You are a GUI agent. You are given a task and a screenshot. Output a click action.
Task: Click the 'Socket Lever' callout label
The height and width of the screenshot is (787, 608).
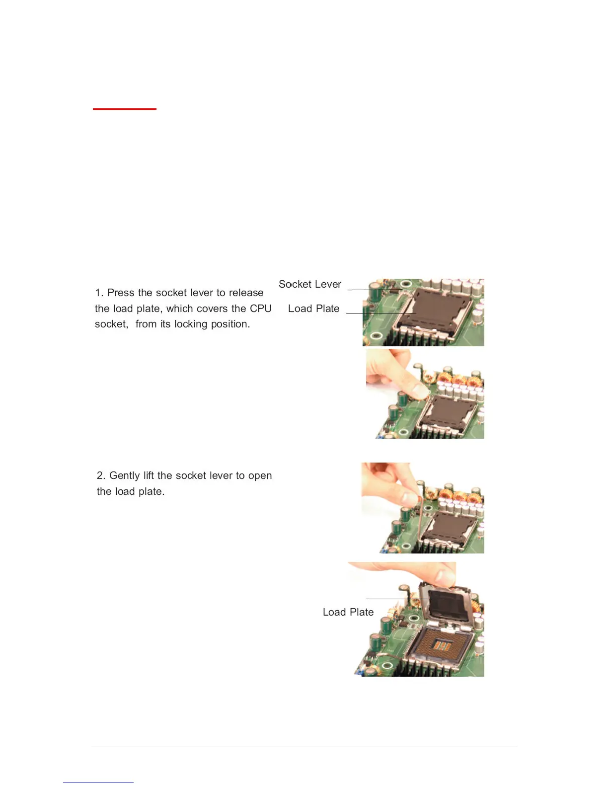pos(309,284)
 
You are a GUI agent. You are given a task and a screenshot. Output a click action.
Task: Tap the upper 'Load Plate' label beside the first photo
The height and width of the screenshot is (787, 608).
pos(313,309)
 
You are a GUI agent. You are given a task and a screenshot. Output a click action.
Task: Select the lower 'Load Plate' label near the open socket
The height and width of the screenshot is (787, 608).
pos(348,612)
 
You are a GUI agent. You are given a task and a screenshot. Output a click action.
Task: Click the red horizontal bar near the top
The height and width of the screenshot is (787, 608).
pos(124,108)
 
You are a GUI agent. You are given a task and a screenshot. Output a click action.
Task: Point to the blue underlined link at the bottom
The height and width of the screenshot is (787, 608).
pos(98,783)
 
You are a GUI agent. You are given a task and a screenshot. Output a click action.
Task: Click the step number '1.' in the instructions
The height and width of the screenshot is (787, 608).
pos(99,293)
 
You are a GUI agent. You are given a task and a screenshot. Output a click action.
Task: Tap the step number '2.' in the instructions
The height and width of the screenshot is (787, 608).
pos(101,475)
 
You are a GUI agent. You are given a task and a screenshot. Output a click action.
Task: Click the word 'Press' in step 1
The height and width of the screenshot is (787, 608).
pos(121,293)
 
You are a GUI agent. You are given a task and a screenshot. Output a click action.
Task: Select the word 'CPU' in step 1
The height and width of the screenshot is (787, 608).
pos(260,309)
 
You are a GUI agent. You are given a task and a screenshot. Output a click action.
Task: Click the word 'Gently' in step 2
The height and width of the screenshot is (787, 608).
pos(125,475)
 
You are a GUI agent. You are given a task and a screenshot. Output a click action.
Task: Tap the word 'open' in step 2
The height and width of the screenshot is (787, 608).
pos(260,476)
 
